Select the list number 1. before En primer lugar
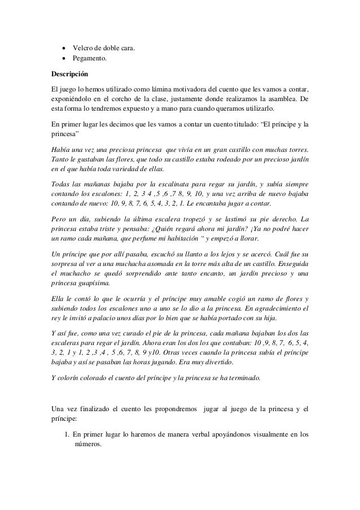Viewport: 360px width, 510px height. pos(67,434)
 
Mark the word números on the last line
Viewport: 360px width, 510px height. pos(87,444)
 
